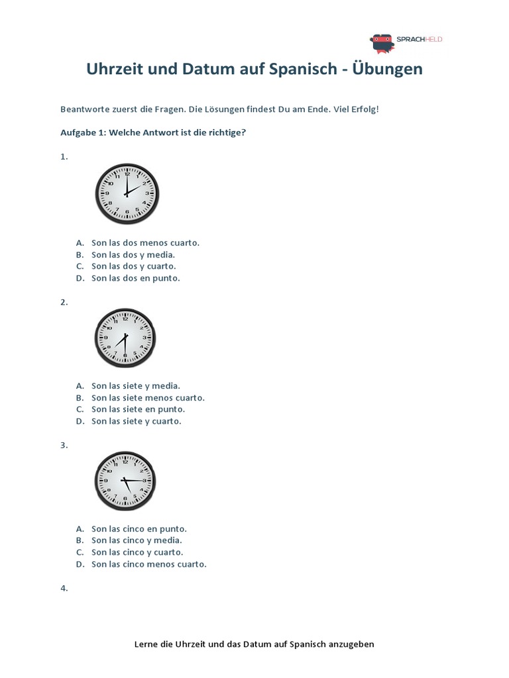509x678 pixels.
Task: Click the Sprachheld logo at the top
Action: tap(406, 42)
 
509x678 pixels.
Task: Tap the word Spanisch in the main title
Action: tap(300, 69)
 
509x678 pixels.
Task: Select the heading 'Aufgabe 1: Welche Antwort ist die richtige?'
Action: tap(153, 132)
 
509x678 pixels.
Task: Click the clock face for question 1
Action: tap(127, 194)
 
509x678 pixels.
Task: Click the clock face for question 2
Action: tap(125, 337)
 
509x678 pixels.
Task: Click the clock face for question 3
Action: tap(125, 480)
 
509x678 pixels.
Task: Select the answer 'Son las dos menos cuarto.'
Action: tap(145, 242)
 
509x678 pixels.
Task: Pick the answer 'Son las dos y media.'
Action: tap(133, 254)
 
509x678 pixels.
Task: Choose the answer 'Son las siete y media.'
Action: tap(136, 385)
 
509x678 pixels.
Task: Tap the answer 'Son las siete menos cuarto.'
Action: tap(148, 397)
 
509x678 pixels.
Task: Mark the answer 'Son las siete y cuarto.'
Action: tap(136, 421)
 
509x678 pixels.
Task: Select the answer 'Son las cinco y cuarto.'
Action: tap(137, 552)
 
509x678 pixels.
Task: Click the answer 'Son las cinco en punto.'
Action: tap(139, 528)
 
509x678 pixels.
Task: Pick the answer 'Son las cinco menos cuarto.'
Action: tap(149, 564)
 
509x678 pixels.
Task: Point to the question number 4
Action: tap(64, 588)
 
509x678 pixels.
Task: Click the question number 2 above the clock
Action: tap(64, 302)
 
